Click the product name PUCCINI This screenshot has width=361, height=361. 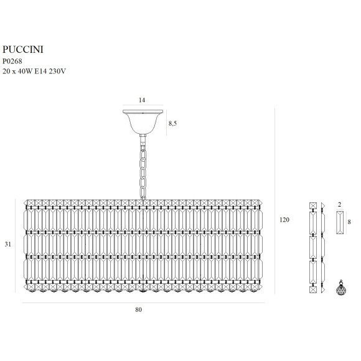[x=23, y=50]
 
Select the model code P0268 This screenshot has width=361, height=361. [x=12, y=61]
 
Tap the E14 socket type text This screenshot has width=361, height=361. [x=40, y=72]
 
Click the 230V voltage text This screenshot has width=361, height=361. [x=57, y=72]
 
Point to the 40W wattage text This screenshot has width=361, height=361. [x=25, y=72]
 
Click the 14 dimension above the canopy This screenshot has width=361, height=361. [x=142, y=100]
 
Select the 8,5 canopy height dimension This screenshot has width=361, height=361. [x=172, y=123]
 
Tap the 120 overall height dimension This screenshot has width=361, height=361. [x=284, y=220]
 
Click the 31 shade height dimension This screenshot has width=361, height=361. [x=8, y=244]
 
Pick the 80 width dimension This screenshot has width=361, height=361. [x=138, y=310]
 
